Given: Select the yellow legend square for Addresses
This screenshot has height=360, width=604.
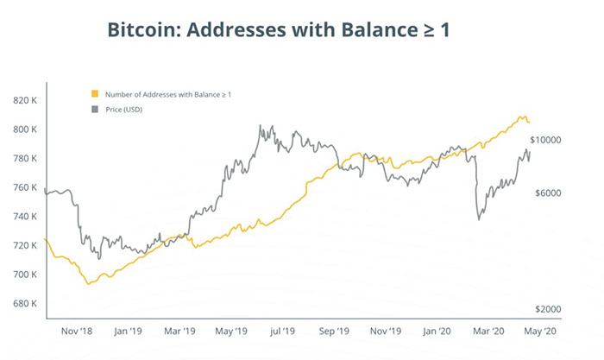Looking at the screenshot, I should click(x=94, y=93).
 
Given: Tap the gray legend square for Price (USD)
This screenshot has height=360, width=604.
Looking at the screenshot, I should click(x=94, y=110).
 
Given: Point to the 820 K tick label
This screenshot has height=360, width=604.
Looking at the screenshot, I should click(x=26, y=101).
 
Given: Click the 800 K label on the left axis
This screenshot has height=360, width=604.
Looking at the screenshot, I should click(x=26, y=129).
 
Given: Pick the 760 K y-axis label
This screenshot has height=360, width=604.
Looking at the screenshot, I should click(x=26, y=187).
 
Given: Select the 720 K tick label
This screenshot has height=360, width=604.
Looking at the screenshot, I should click(x=26, y=245).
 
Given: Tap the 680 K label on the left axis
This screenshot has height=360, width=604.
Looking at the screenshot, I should click(x=26, y=303).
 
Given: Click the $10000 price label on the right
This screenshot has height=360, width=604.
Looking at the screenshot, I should click(x=546, y=140).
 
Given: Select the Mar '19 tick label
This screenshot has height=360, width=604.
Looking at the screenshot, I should click(x=182, y=331).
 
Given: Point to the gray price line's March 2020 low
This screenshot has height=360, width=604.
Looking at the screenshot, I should click(x=479, y=219).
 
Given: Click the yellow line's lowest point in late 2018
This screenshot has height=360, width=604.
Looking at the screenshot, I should click(x=87, y=284).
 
